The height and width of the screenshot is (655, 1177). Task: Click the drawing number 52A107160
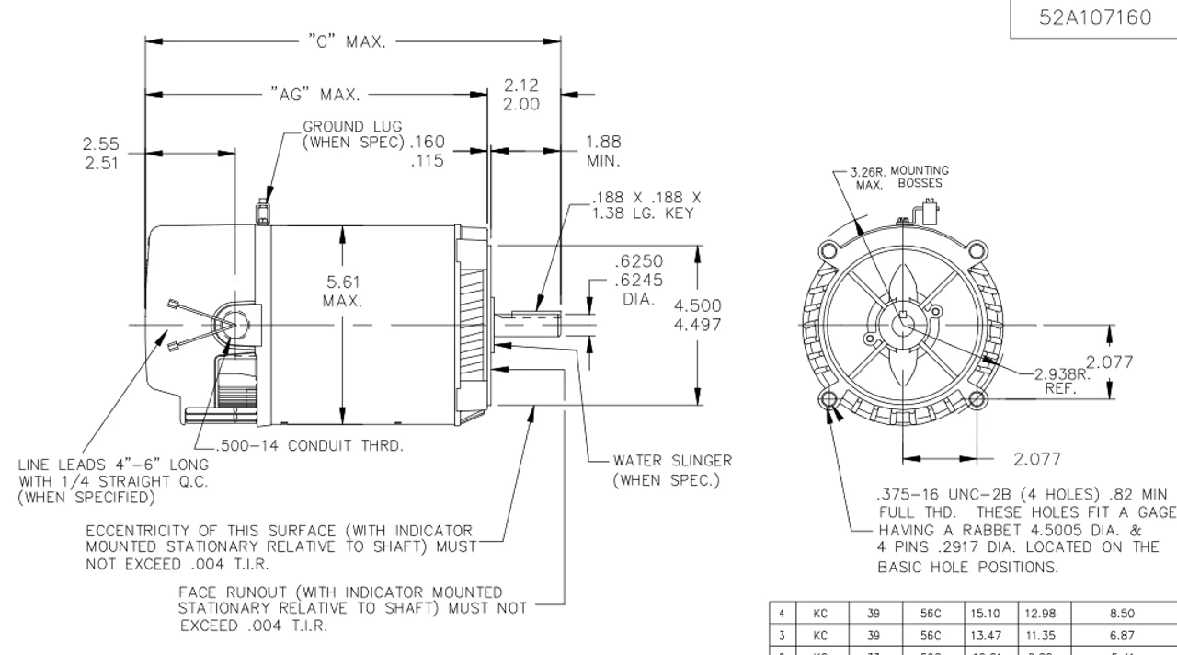pyautogui.click(x=1095, y=18)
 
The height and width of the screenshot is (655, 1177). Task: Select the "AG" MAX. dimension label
pyautogui.click(x=314, y=94)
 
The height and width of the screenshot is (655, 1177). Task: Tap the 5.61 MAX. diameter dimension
pyautogui.click(x=342, y=292)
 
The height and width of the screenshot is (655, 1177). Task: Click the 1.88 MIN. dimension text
pyautogui.click(x=603, y=151)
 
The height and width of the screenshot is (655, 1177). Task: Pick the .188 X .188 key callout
pyautogui.click(x=646, y=204)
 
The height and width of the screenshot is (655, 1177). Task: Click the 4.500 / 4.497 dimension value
pyautogui.click(x=699, y=315)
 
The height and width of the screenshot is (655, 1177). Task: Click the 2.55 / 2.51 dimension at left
pyautogui.click(x=100, y=154)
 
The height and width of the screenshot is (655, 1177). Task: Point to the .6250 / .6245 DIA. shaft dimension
pyautogui.click(x=638, y=280)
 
